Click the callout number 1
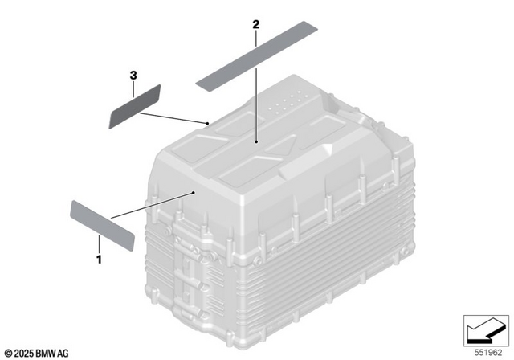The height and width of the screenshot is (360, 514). point(99,260)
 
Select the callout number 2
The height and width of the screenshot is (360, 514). point(255,25)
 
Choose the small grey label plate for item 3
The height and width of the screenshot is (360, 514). point(135,106)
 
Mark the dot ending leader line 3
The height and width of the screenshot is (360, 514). point(208,123)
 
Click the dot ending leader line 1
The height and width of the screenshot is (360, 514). point(195,193)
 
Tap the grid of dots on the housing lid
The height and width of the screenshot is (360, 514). point(288,101)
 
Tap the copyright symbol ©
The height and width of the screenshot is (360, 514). point(8,352)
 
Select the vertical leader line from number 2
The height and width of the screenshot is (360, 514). point(256,88)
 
